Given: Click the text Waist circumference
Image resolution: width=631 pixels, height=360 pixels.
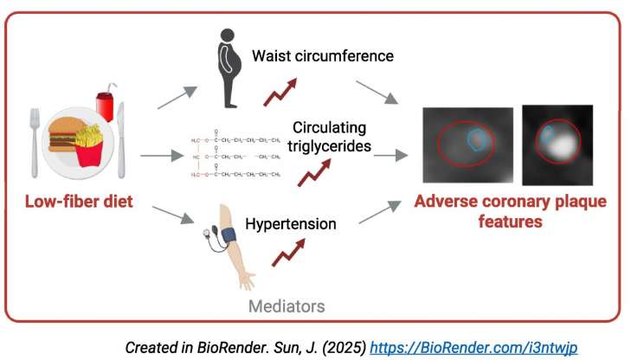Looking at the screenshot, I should (322, 56).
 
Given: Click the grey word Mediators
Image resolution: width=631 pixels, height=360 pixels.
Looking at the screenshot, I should (287, 305).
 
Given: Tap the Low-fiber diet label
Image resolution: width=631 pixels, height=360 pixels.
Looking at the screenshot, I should (79, 202).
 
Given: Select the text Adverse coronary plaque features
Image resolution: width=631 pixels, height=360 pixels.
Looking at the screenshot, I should (510, 211).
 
